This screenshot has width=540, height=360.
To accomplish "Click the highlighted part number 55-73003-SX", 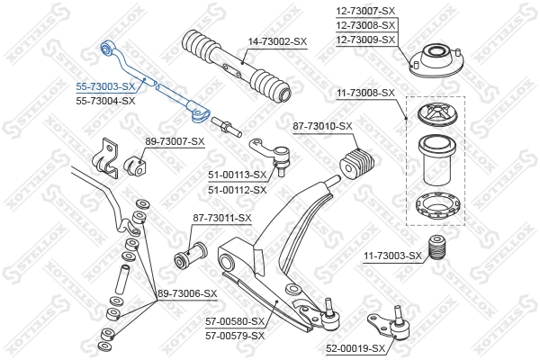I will tap(104, 86).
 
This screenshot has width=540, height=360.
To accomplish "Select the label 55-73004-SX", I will tap(104, 101).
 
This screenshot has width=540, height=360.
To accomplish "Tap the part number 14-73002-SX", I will tap(276, 41).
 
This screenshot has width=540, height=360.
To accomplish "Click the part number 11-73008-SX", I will tap(364, 92).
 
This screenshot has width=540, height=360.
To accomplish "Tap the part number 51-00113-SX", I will tap(238, 175).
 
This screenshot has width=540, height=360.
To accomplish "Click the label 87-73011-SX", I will tap(221, 218).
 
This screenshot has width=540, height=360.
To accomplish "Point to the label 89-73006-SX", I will tap(186, 293).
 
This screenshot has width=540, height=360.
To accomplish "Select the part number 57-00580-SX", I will tap(233, 321).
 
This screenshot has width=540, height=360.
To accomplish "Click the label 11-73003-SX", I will tap(391, 256).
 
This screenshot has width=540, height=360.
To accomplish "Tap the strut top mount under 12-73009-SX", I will tap(435, 62).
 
